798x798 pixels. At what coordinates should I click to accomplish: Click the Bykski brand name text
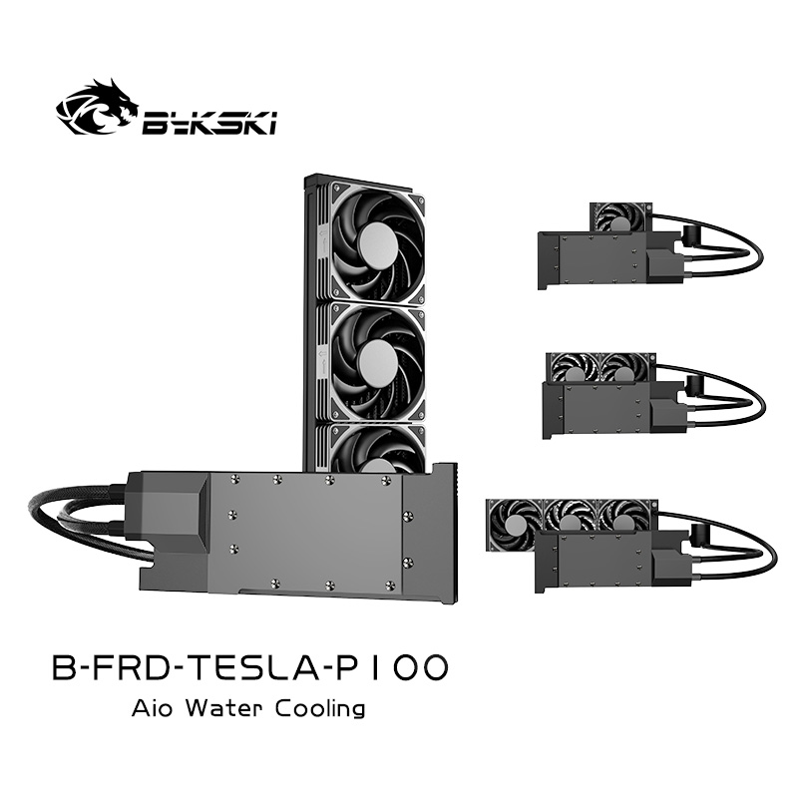click(210, 122)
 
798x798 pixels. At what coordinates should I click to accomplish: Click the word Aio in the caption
click(152, 709)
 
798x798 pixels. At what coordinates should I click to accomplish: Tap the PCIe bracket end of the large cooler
click(445, 534)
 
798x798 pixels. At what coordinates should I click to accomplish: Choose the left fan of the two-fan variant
click(574, 369)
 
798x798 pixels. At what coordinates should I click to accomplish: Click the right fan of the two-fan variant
click(625, 369)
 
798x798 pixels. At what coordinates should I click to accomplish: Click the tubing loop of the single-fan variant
click(733, 244)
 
